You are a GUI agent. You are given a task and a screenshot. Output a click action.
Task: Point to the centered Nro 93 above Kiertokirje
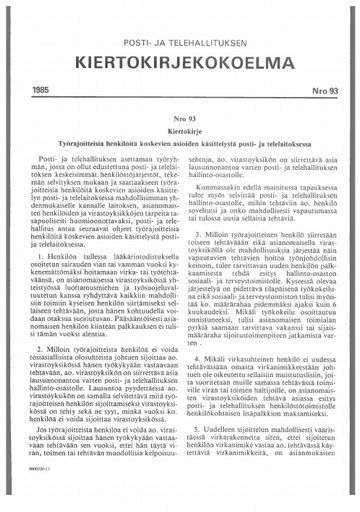[x=180, y=116]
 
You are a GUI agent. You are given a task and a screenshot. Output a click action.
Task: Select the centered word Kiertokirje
[x=180, y=129]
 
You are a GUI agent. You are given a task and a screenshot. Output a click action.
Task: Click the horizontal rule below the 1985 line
[x=180, y=98]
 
